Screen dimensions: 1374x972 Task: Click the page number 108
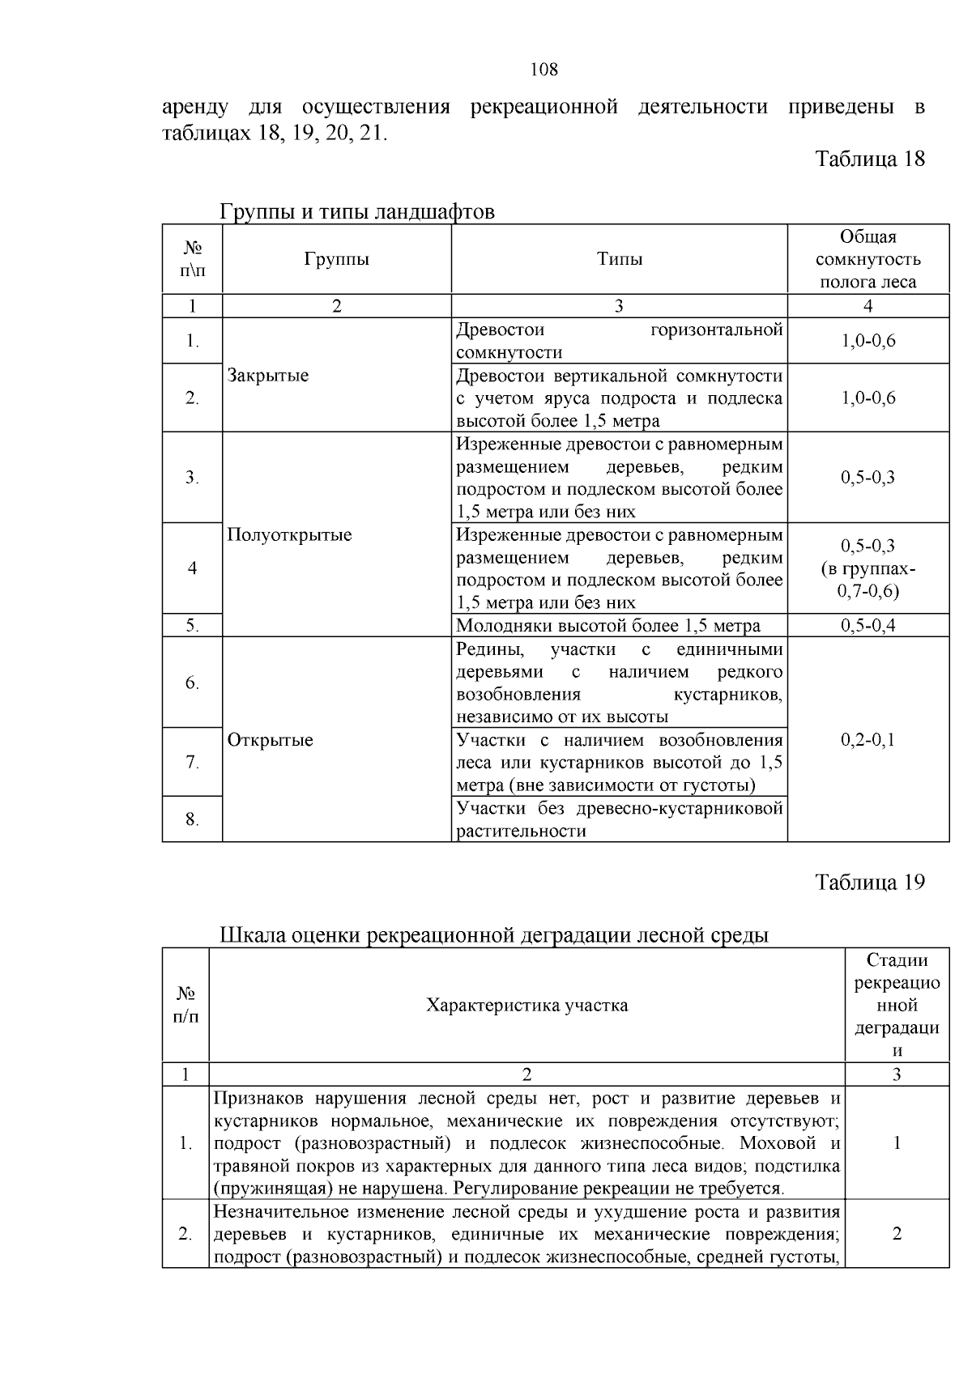(x=544, y=70)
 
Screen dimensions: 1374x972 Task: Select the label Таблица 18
(x=869, y=158)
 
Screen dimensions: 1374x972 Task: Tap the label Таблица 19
(x=869, y=882)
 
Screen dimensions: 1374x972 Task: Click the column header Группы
(x=336, y=259)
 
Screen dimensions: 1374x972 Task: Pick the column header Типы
(x=619, y=259)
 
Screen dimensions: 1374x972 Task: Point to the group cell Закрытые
(x=268, y=376)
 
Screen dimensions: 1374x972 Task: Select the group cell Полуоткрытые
(x=289, y=535)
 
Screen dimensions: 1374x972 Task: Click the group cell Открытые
(x=270, y=740)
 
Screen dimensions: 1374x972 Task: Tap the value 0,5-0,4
(x=868, y=626)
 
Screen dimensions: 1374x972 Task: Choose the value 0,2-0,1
(x=868, y=740)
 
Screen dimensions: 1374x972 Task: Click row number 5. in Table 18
(x=192, y=626)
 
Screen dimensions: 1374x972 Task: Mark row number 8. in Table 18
(x=192, y=819)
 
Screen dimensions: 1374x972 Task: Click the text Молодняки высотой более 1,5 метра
(x=608, y=626)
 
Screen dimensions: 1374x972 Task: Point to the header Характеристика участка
(x=526, y=1006)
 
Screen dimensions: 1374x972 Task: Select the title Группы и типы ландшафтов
(x=357, y=212)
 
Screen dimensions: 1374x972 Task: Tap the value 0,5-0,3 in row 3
(x=868, y=478)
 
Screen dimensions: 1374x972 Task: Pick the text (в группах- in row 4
(x=868, y=569)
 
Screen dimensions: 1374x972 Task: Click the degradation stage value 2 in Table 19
(x=897, y=1234)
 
